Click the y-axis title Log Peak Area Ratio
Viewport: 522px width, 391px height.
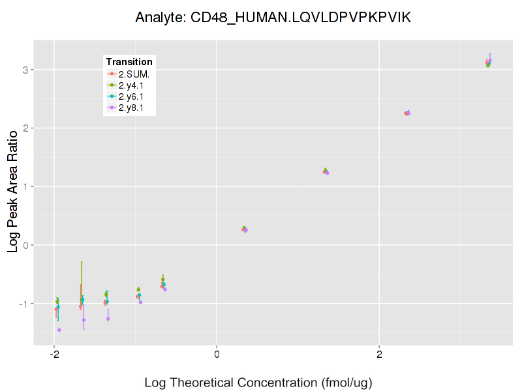point(12,191)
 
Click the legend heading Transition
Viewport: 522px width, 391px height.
point(129,62)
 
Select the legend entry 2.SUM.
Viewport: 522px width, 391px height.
point(134,74)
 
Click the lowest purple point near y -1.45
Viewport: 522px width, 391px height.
point(59,330)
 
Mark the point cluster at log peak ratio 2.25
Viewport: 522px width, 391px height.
point(407,113)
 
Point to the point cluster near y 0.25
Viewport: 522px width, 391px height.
point(245,229)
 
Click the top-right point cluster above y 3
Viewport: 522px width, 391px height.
point(488,63)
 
